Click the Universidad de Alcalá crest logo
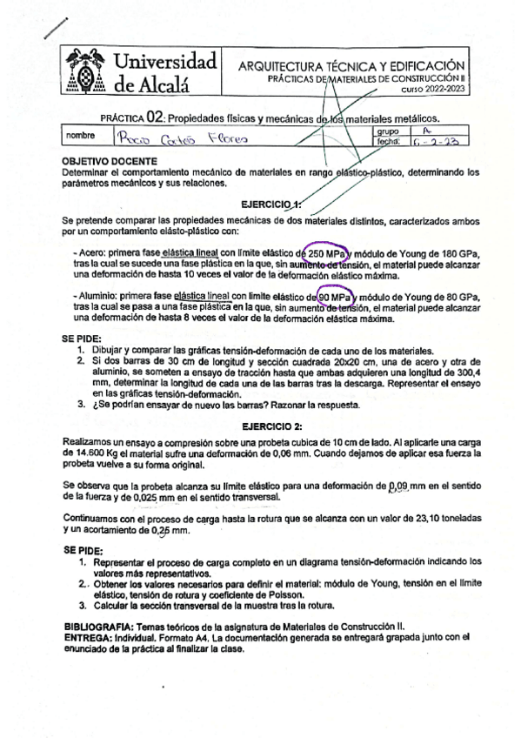[x=85, y=70]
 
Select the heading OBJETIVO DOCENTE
[x=110, y=162]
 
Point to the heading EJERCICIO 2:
[x=273, y=426]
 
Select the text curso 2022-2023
[x=432, y=89]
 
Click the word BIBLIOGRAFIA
[x=99, y=627]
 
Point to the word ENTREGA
[x=87, y=637]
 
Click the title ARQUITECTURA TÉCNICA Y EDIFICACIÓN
[x=351, y=66]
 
